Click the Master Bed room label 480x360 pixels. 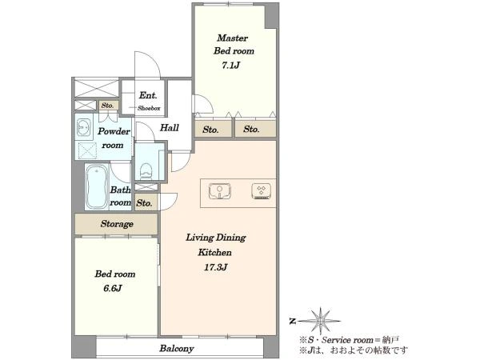(234, 44)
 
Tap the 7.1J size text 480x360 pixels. (231, 66)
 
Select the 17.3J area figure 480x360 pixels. (216, 267)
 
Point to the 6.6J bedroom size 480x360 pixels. (113, 288)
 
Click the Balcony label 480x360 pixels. (177, 348)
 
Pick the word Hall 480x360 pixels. (170, 127)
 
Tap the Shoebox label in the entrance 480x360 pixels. (149, 108)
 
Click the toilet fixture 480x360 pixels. (146, 171)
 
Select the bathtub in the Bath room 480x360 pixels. (97, 186)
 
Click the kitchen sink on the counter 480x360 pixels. (220, 191)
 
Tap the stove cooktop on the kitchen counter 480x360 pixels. (261, 191)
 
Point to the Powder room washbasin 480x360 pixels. (83, 127)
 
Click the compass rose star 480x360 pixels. (320, 321)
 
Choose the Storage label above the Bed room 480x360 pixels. (117, 224)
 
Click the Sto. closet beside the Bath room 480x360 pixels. (144, 203)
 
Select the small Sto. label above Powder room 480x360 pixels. (107, 106)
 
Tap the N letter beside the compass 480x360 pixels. (293, 321)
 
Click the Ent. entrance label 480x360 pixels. (148, 95)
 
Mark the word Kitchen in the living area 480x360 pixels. (214, 252)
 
